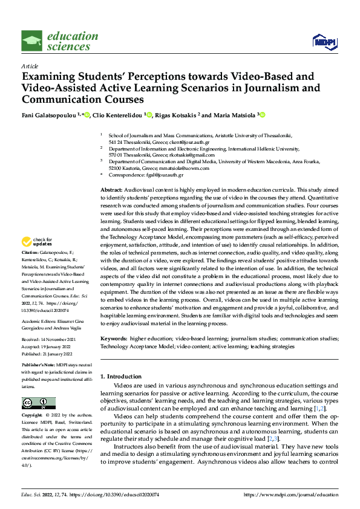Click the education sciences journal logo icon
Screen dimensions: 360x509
point(31,41)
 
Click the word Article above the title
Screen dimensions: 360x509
point(30,66)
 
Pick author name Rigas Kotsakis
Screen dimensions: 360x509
point(175,115)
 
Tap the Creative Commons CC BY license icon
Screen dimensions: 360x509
point(38,403)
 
